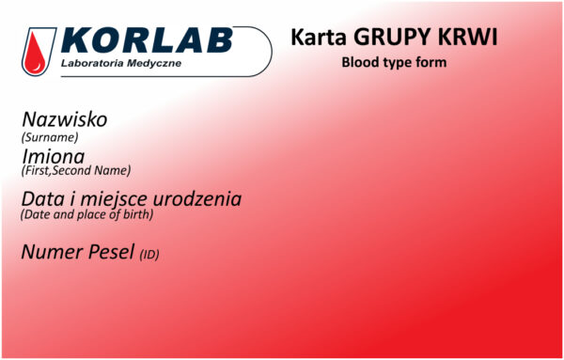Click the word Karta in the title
pos(317,39)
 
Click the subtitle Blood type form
pos(394,62)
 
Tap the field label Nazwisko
pos(64,120)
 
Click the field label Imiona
pos(53,155)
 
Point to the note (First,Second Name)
pos(75,171)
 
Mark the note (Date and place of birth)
pos(86,214)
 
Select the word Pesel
pos(111,252)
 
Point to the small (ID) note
pos(149,255)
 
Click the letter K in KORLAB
pos(77,42)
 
